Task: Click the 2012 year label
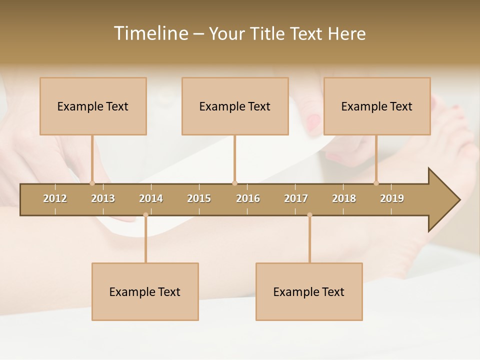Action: tap(55, 198)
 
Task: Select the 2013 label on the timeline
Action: tap(103, 198)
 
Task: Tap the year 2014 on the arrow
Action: tap(151, 198)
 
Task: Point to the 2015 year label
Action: tap(199, 198)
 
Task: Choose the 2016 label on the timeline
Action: tap(248, 198)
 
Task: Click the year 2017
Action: tap(296, 198)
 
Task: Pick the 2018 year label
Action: tap(344, 198)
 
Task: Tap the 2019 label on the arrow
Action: tap(392, 198)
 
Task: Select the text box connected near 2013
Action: tap(93, 106)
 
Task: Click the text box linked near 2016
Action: tap(235, 106)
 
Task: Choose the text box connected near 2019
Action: tap(377, 106)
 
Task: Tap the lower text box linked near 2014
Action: tap(145, 292)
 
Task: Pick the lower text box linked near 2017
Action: tap(309, 292)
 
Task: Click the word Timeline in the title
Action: tap(150, 33)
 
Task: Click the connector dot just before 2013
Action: tap(92, 183)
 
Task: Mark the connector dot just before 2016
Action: tap(234, 183)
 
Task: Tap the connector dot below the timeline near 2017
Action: tap(309, 215)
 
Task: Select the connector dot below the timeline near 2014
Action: tap(145, 215)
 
